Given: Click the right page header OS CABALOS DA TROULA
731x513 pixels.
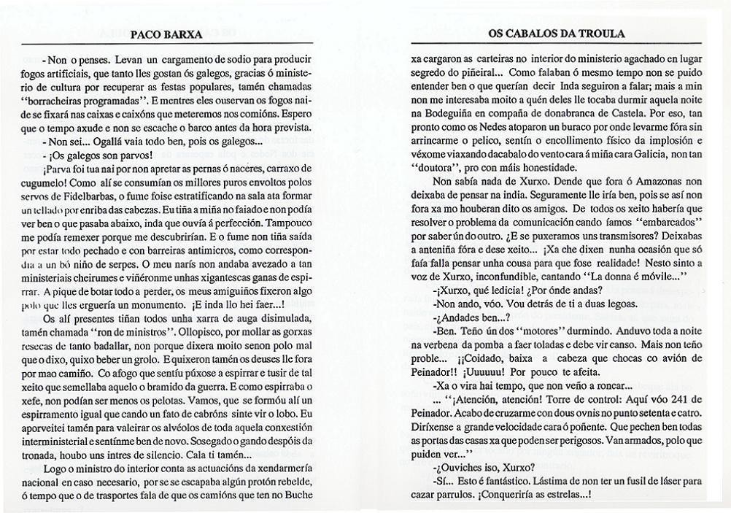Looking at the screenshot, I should [556, 34].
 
